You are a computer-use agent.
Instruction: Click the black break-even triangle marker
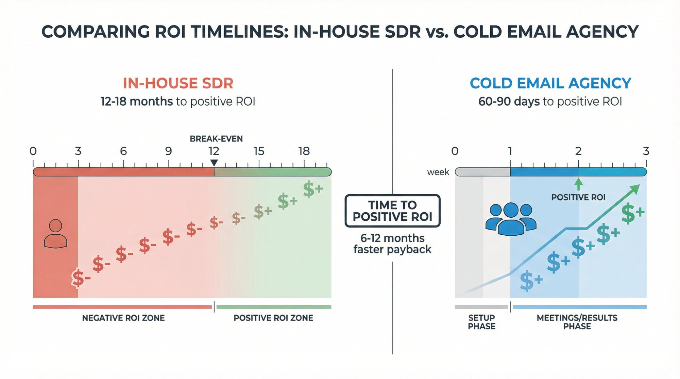pyautogui.click(x=214, y=163)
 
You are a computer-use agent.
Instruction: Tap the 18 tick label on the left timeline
pyautogui.click(x=304, y=151)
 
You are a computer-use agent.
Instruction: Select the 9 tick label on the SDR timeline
pyautogui.click(x=168, y=151)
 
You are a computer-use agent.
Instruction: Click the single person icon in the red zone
pyautogui.click(x=55, y=234)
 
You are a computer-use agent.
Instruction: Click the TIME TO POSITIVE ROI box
pyautogui.click(x=392, y=211)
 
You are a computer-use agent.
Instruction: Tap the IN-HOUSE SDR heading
pyautogui.click(x=178, y=84)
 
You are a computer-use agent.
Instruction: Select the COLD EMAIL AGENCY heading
pyautogui.click(x=550, y=84)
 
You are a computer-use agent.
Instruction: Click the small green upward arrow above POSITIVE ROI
pyautogui.click(x=578, y=184)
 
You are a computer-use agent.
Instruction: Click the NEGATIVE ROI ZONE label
pyautogui.click(x=123, y=318)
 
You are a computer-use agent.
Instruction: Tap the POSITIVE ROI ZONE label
pyautogui.click(x=273, y=318)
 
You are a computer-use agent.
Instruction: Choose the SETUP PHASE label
pyautogui.click(x=481, y=322)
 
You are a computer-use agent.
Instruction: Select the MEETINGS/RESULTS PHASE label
pyautogui.click(x=577, y=322)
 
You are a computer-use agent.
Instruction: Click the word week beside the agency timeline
pyautogui.click(x=438, y=172)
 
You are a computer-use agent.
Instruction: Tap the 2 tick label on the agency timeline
pyautogui.click(x=578, y=151)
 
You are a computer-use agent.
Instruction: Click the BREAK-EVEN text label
pyautogui.click(x=216, y=139)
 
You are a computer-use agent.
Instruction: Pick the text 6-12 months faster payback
pyautogui.click(x=392, y=243)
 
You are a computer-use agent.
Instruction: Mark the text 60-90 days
pyautogui.click(x=509, y=102)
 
